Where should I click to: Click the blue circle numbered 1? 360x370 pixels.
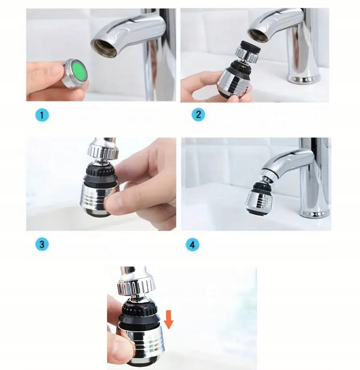pyautogui.click(x=42, y=116)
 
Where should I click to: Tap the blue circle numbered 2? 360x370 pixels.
pyautogui.click(x=198, y=114)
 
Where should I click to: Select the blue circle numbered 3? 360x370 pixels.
pyautogui.click(x=42, y=244)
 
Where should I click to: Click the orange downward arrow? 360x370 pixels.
pyautogui.click(x=169, y=319)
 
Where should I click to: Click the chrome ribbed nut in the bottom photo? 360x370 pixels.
pyautogui.click(x=137, y=287)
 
